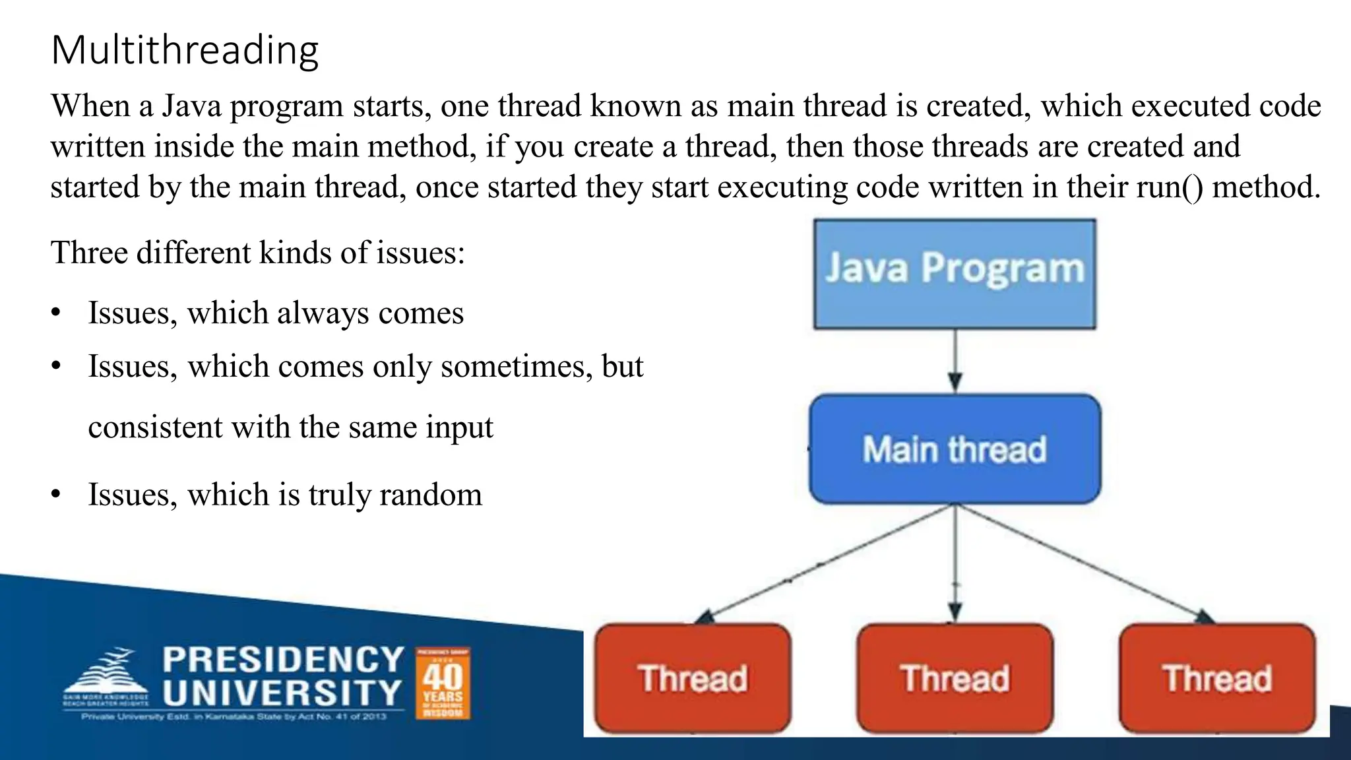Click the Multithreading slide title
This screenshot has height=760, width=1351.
point(185,50)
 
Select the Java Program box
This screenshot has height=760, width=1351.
point(955,274)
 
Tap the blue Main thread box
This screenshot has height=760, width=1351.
point(955,449)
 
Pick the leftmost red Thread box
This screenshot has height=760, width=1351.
point(693,678)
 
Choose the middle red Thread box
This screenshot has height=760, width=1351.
point(955,678)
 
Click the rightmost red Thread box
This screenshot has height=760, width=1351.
point(1217,678)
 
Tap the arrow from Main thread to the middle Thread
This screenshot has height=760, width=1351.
point(955,564)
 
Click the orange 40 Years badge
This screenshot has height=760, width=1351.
point(443,683)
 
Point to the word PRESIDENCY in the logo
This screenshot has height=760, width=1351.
point(283,659)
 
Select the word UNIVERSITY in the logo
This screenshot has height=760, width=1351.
point(282,693)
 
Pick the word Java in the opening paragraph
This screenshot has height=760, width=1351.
point(191,106)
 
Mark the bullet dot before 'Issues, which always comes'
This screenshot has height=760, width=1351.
point(56,313)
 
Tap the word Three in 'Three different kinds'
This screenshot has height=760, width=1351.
point(89,253)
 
